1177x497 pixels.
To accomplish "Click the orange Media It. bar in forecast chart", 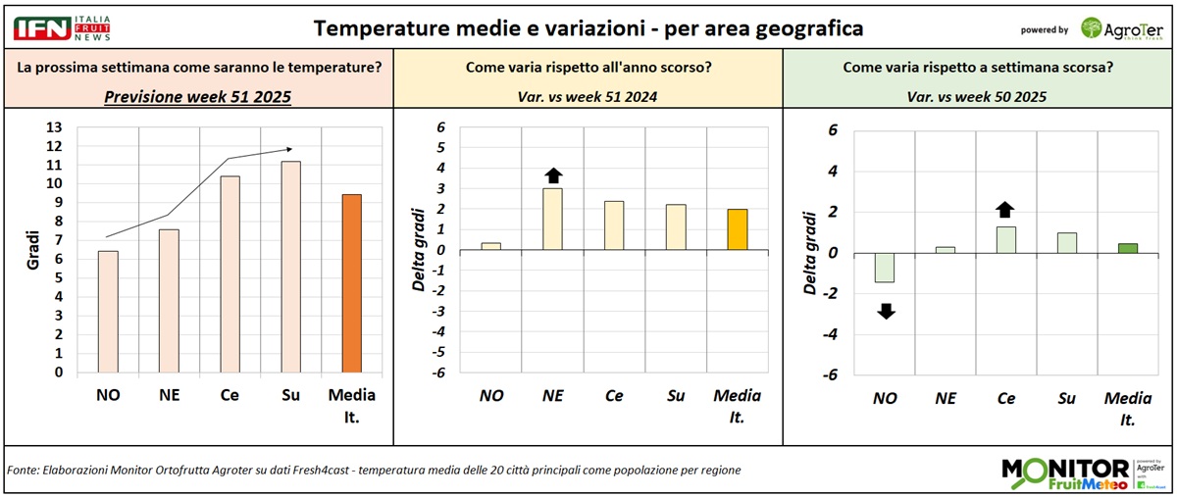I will click(x=352, y=283).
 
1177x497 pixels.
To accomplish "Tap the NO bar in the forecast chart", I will click(x=108, y=312).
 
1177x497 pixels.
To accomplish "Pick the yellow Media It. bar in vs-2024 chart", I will click(x=738, y=229).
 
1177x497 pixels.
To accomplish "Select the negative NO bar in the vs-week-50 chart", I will click(x=885, y=268).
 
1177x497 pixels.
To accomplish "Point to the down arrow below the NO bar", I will click(x=885, y=312).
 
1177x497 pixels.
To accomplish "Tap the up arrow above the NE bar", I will click(x=553, y=175).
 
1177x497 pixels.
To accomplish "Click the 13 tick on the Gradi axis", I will click(x=55, y=127).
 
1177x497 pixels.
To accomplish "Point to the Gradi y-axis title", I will click(x=31, y=250).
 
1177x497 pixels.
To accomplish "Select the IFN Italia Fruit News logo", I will click(x=61, y=27).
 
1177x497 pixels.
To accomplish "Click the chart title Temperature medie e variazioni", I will click(x=588, y=28).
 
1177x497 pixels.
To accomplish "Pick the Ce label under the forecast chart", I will click(x=230, y=395).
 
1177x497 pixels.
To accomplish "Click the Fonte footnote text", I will click(x=373, y=471).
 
